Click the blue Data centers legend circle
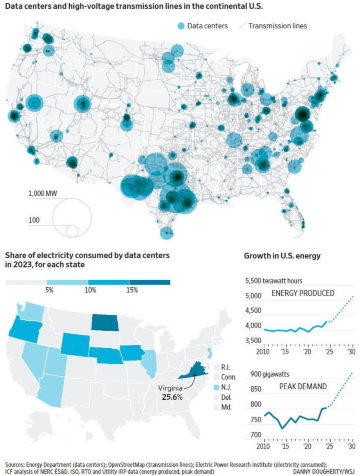point(181,26)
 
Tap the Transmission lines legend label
point(277,26)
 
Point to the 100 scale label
point(34,220)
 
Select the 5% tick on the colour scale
point(50,290)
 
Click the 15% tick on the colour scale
point(132,290)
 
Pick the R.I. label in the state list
point(225,368)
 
